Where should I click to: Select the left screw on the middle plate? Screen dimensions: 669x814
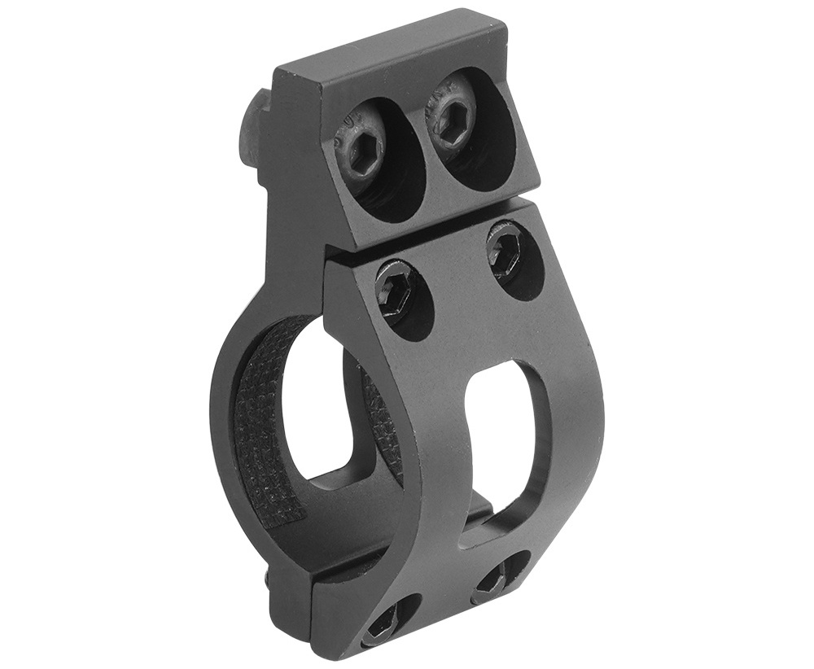398,289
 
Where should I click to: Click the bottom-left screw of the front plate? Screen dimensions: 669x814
382,625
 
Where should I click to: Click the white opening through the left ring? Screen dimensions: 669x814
313,407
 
